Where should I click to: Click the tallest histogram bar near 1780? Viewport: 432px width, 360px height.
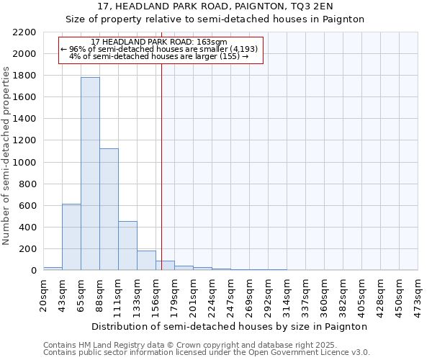pyautogui.click(x=90, y=174)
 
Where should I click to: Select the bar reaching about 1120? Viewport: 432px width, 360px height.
pyautogui.click(x=109, y=210)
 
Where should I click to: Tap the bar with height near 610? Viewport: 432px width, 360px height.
pyautogui.click(x=71, y=237)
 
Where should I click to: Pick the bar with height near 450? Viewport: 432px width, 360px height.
pyautogui.click(x=127, y=246)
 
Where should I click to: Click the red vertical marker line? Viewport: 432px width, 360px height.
pyautogui.click(x=162, y=166)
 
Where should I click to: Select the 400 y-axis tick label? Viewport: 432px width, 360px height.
pyautogui.click(x=27, y=228)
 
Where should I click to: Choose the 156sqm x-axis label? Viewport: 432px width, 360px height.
pyautogui.click(x=156, y=293)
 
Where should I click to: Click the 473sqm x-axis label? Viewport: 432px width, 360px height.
pyautogui.click(x=418, y=293)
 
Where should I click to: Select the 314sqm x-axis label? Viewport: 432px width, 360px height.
pyautogui.click(x=287, y=293)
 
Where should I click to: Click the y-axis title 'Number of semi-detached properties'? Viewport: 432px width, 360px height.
pyautogui.click(x=7, y=156)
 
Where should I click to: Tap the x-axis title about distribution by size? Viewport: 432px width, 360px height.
pyautogui.click(x=230, y=326)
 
